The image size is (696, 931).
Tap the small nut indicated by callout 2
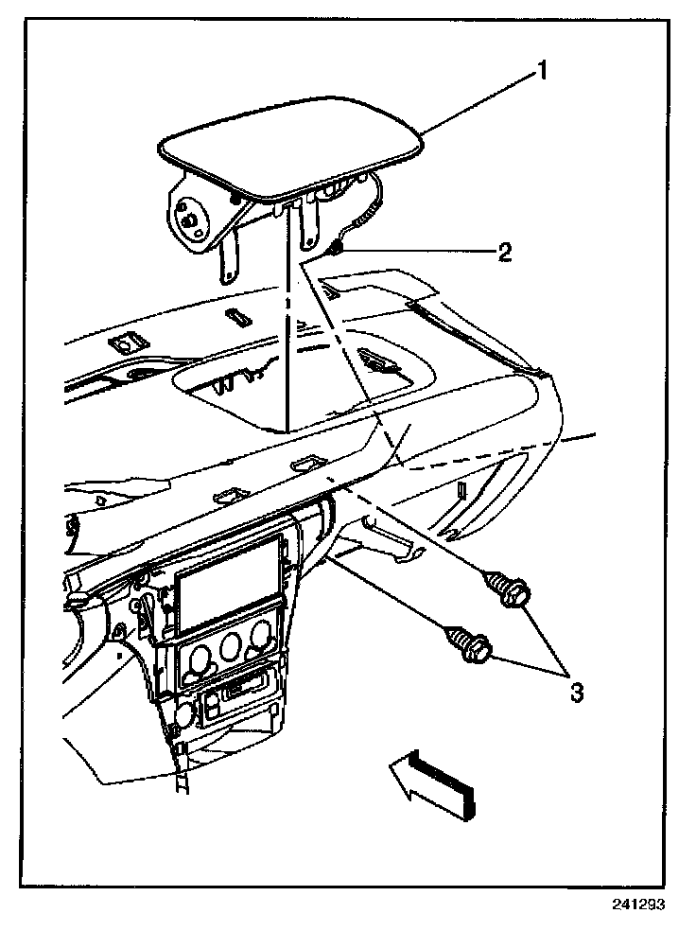[337, 248]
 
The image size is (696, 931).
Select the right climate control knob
[255, 642]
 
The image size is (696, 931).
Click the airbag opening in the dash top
[303, 397]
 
